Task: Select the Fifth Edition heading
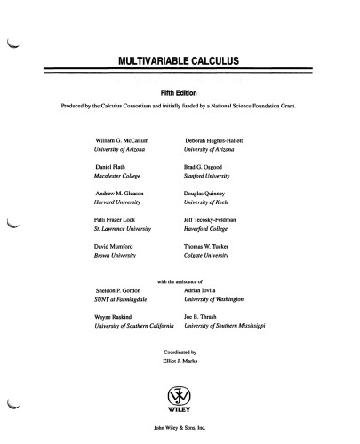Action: coord(180,92)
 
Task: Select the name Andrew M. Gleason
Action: coord(123,193)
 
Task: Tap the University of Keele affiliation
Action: coord(210,202)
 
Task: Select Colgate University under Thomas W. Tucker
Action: coord(210,253)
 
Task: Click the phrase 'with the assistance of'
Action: coord(180,281)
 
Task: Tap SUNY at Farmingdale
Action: coord(123,299)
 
